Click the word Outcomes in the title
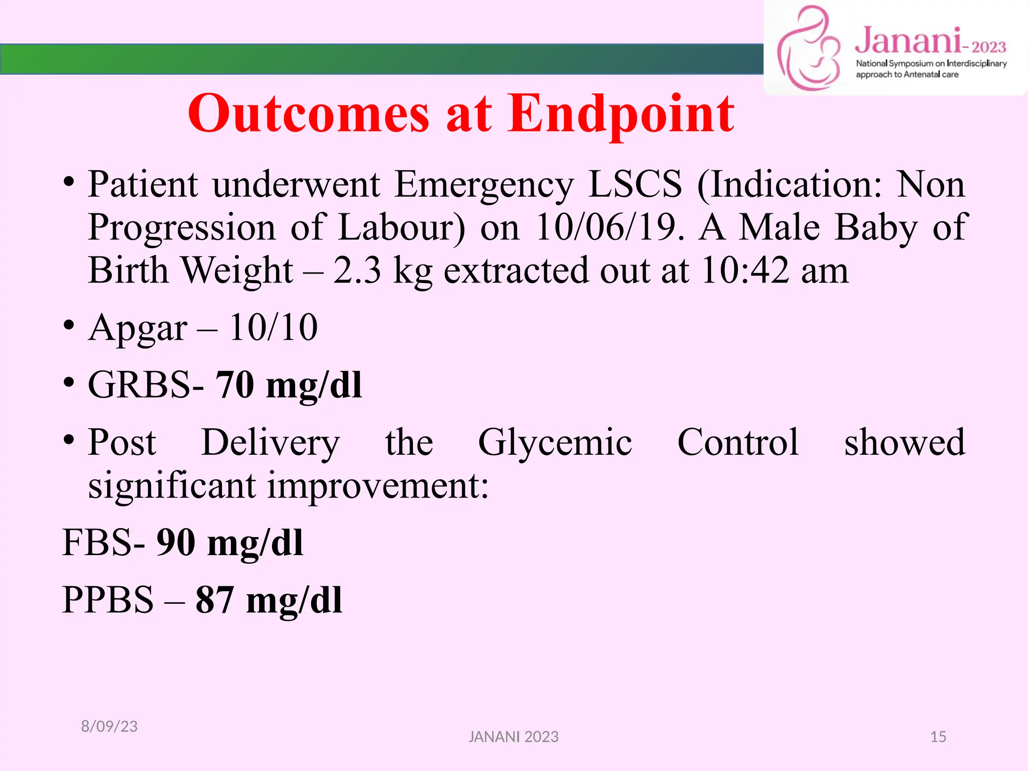308,114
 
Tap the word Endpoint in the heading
620,114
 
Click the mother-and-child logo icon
809,49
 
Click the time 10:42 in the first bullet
745,271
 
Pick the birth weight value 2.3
357,271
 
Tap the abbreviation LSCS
635,184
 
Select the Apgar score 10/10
273,328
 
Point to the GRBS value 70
235,385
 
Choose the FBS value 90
176,543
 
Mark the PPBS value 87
215,600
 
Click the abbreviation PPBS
108,600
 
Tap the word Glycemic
555,443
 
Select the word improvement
377,486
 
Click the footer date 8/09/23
109,726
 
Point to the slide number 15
938,737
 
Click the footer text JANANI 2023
513,737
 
